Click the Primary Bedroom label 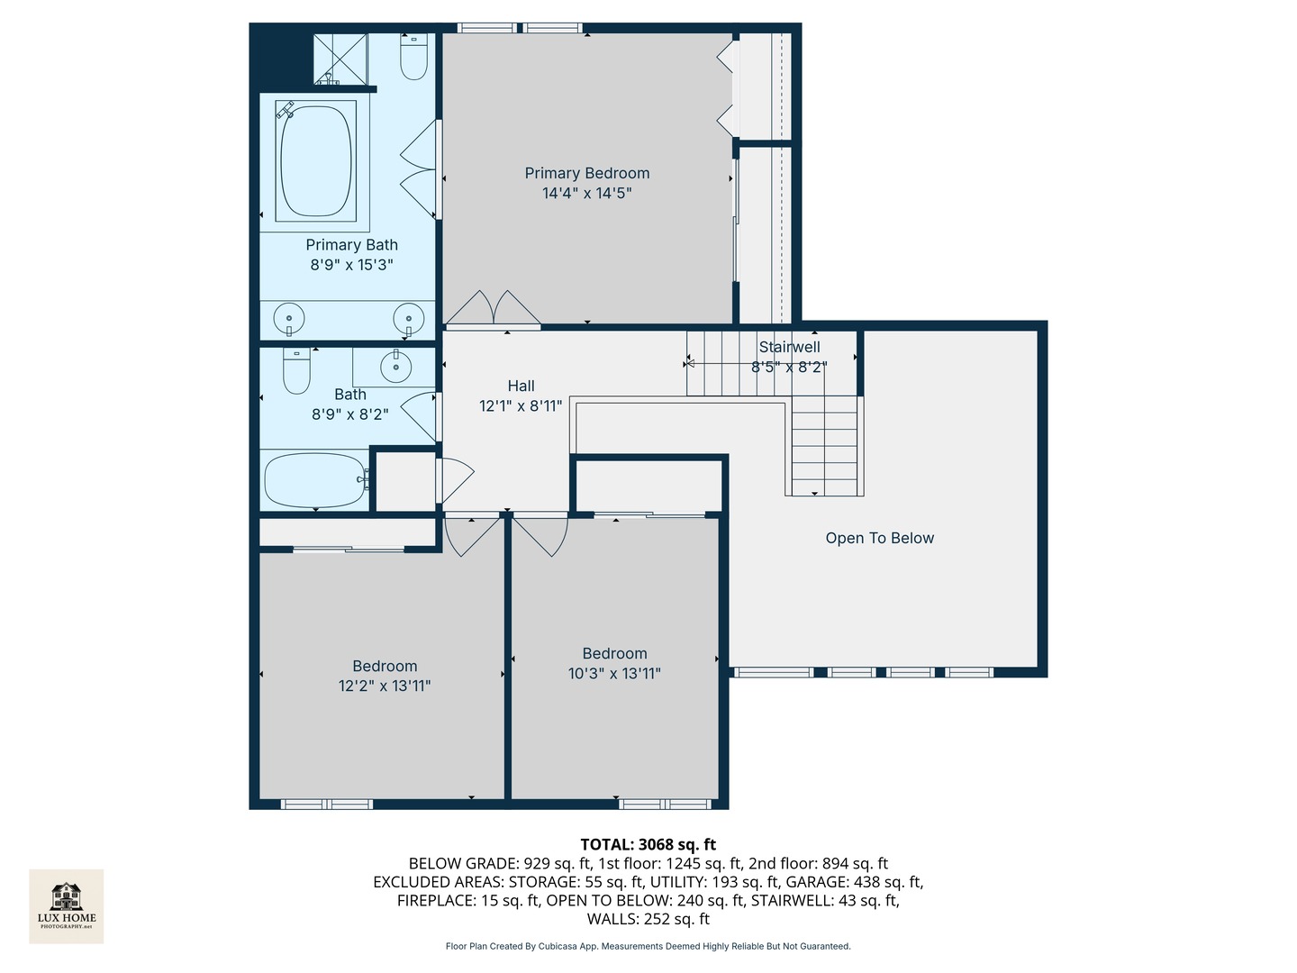[x=586, y=173]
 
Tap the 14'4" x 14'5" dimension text [x=586, y=193]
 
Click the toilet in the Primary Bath [x=413, y=57]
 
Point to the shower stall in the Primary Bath [x=340, y=59]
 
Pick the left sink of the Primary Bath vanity [x=289, y=318]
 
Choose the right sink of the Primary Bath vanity [x=409, y=318]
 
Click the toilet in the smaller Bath [x=296, y=370]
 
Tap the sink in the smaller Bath [x=395, y=367]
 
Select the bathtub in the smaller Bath [x=314, y=480]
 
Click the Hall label [x=521, y=386]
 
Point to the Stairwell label [x=789, y=347]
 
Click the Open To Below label [x=879, y=538]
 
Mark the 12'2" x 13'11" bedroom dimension [x=385, y=686]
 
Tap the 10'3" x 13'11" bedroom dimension [x=614, y=673]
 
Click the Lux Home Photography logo [x=67, y=905]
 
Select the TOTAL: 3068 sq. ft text [x=648, y=844]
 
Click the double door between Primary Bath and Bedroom [x=421, y=169]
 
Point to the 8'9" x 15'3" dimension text [x=351, y=265]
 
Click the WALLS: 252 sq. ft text [x=648, y=919]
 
